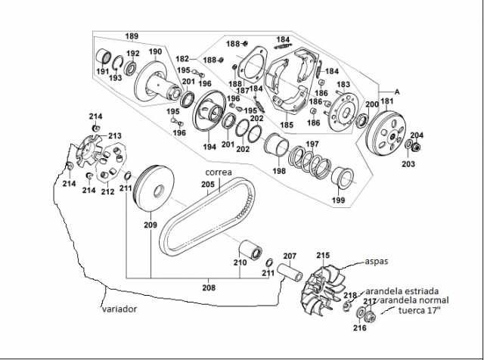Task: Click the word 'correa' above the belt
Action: pyautogui.click(x=218, y=172)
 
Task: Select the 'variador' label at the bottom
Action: pyautogui.click(x=121, y=309)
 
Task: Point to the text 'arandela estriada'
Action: pyautogui.click(x=402, y=290)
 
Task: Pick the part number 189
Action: pyautogui.click(x=132, y=36)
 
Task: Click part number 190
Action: pyautogui.click(x=155, y=51)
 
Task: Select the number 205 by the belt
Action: pyautogui.click(x=207, y=184)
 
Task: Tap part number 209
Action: pyautogui.click(x=150, y=225)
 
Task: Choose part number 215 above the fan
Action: pyautogui.click(x=323, y=256)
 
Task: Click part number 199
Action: pyautogui.click(x=337, y=200)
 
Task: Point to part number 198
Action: pyautogui.click(x=279, y=171)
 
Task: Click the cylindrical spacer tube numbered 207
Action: pyautogui.click(x=289, y=271)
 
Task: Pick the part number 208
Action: pyautogui.click(x=209, y=287)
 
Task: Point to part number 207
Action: pyautogui.click(x=290, y=256)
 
